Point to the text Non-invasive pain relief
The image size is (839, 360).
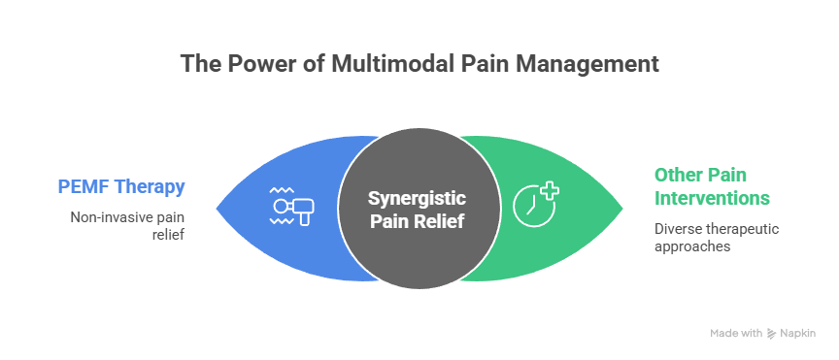pos(126,226)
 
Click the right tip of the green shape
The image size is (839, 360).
pos(622,207)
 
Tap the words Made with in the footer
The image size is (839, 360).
pos(735,333)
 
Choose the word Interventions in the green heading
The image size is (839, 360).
pos(712,198)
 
